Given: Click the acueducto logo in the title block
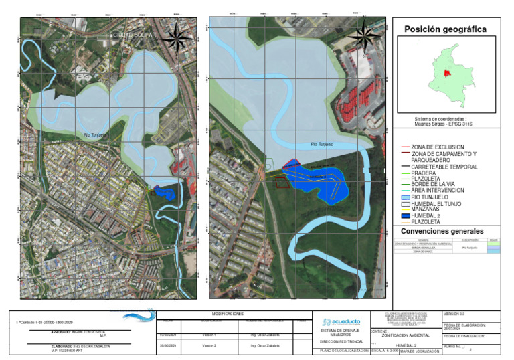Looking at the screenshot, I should (341, 322).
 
